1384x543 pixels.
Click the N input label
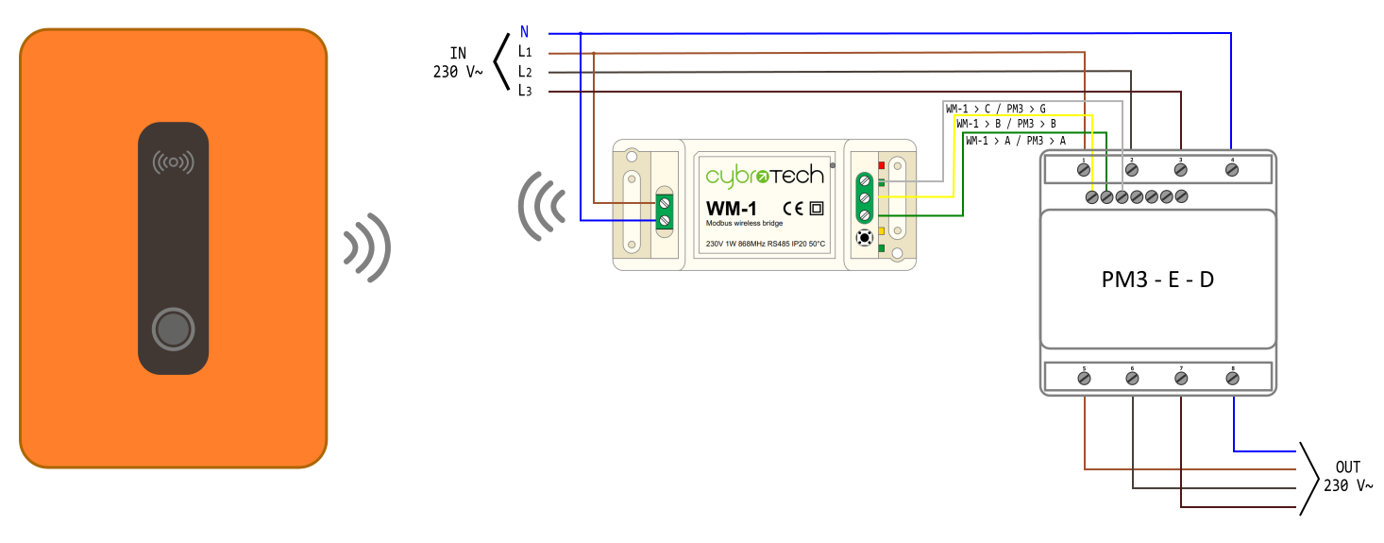click(x=524, y=32)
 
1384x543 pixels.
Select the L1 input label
click(x=525, y=52)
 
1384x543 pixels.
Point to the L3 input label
click(x=525, y=91)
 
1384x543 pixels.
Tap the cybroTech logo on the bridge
click(x=764, y=175)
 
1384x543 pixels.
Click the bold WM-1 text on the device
click(x=732, y=208)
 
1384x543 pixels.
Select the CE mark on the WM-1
click(x=793, y=208)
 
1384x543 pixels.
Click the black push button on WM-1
click(x=863, y=238)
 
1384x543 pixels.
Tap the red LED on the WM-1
click(x=881, y=165)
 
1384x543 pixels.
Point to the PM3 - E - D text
click(x=1157, y=280)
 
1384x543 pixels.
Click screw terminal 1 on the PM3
click(x=1084, y=169)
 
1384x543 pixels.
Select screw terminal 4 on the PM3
click(x=1231, y=169)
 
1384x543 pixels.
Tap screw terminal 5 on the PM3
click(x=1084, y=378)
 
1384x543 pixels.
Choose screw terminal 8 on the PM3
click(x=1231, y=378)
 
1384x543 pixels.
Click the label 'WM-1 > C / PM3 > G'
click(x=995, y=109)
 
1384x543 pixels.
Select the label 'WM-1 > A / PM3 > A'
click(x=1015, y=141)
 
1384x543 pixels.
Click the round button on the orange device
click(x=173, y=330)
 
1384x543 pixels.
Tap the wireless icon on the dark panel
click(x=173, y=162)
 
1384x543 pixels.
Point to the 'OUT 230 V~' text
click(x=1347, y=476)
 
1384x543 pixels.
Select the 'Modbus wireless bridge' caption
click(x=744, y=224)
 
